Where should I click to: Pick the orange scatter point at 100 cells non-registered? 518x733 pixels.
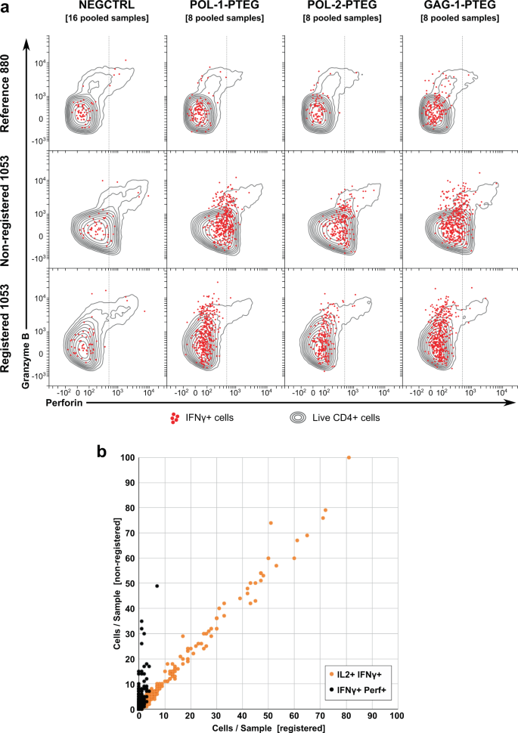(x=349, y=457)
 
